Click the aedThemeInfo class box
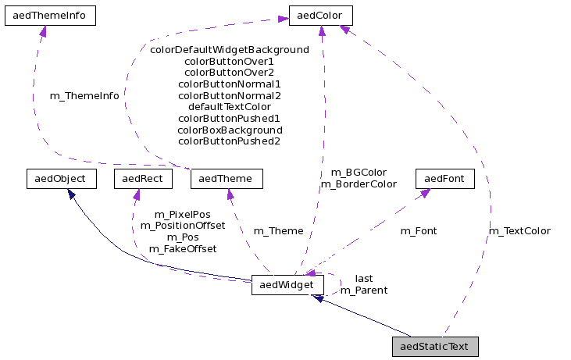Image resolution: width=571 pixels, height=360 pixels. pos(50,16)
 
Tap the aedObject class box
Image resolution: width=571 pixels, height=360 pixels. pos(61,179)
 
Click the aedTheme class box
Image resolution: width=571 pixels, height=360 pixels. pos(227,179)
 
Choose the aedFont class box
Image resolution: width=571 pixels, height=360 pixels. pos(444,179)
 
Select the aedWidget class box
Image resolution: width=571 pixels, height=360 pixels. pos(288,286)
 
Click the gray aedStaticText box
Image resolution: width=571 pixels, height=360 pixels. pos(435,347)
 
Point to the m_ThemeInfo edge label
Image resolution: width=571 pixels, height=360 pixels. pos(84,96)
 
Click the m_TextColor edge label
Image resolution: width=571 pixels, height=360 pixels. pos(519,231)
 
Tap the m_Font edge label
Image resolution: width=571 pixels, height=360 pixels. pos(419,231)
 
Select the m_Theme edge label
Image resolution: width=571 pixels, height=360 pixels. pos(279,231)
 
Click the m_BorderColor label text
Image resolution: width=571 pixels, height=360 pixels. pos(359,184)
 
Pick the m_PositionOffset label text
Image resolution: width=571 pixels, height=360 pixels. pos(183,225)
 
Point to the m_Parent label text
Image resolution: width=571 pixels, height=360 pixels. pos(364,290)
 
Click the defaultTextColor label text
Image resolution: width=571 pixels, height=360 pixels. pos(230,106)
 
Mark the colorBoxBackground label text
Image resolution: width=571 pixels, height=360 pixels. pos(230,130)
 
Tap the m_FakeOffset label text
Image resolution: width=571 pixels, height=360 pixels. pos(183,248)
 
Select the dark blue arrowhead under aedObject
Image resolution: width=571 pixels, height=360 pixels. pos(70,194)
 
